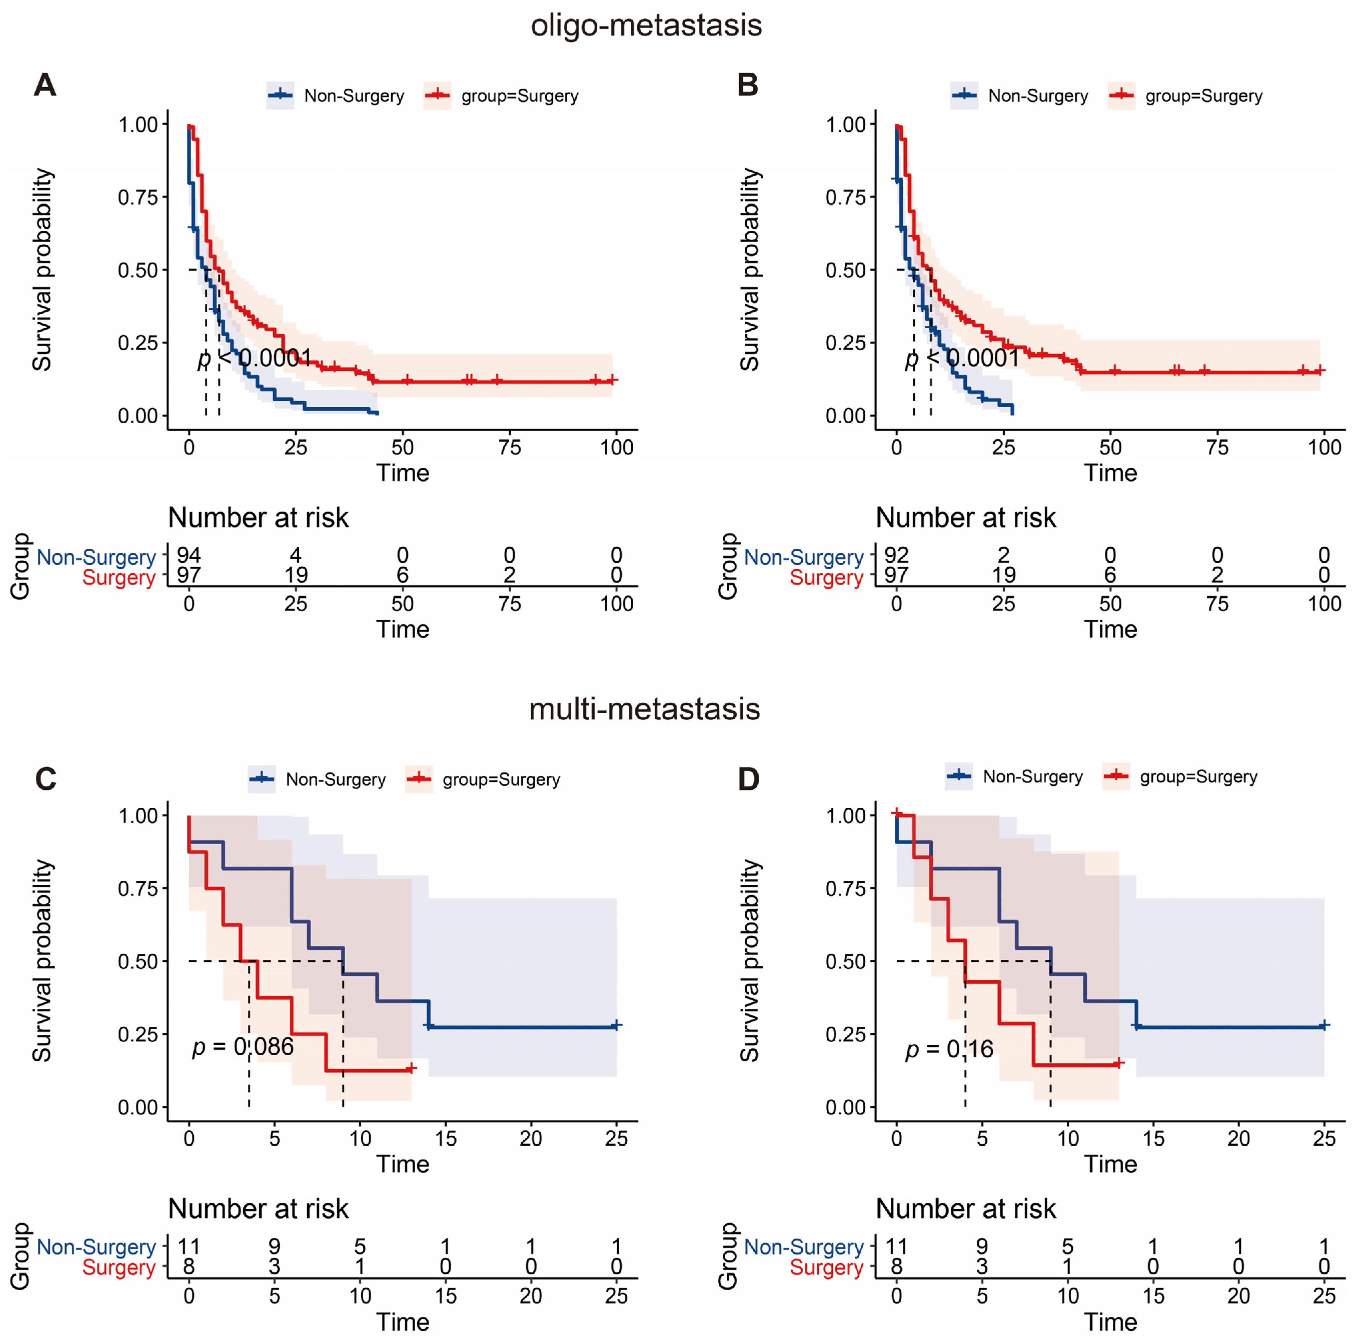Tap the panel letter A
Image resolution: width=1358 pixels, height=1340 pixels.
click(45, 85)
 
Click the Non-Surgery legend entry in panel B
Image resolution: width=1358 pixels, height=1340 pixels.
click(1037, 96)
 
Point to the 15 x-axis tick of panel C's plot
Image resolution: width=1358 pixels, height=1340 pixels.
click(446, 1138)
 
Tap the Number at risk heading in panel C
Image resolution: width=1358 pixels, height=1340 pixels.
click(258, 1209)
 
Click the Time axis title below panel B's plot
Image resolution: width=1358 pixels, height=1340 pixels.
click(1110, 472)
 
